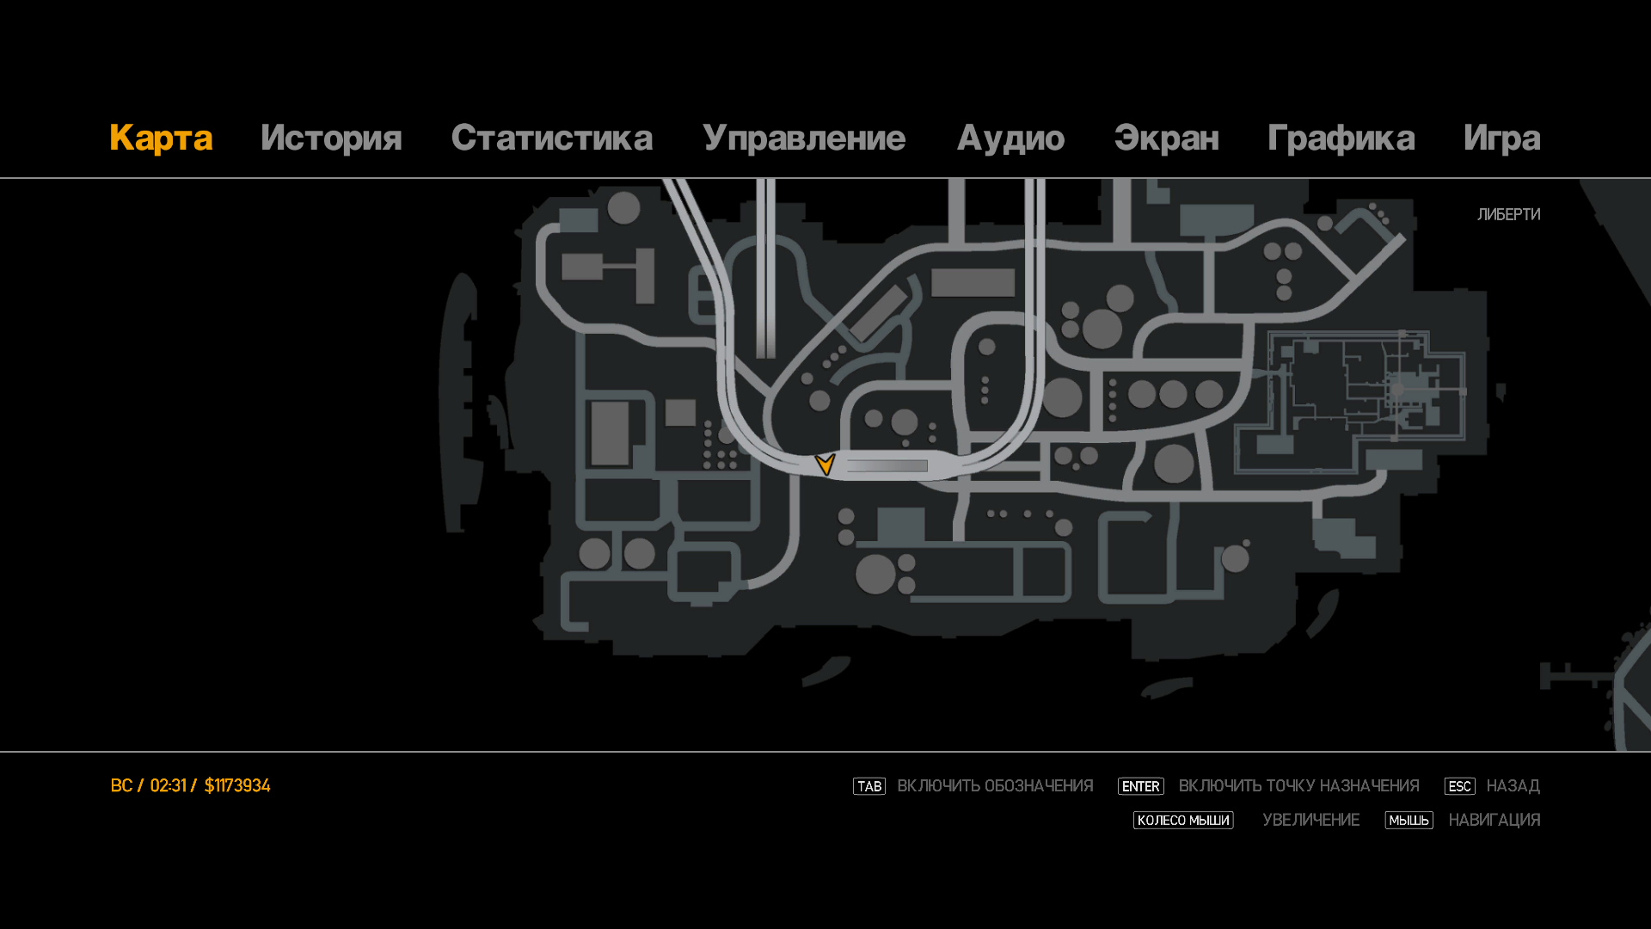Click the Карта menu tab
[x=161, y=138]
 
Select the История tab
[x=331, y=138]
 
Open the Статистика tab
[x=551, y=138]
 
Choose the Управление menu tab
[x=803, y=138]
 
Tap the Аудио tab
[x=1010, y=138]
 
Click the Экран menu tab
[x=1166, y=138]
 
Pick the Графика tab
[x=1341, y=138]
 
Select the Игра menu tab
[x=1501, y=138]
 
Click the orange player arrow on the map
[x=825, y=464]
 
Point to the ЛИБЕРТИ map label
[x=1508, y=214]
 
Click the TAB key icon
[x=869, y=786]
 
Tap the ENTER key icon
[x=1140, y=786]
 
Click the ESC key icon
[x=1459, y=786]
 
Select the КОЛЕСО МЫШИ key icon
[x=1183, y=821]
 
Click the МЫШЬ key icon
[x=1409, y=821]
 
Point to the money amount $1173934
[x=237, y=785]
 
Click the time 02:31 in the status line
[x=168, y=785]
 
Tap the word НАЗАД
[x=1513, y=786]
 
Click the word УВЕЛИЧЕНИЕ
[x=1310, y=821]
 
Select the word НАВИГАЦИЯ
[x=1494, y=821]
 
